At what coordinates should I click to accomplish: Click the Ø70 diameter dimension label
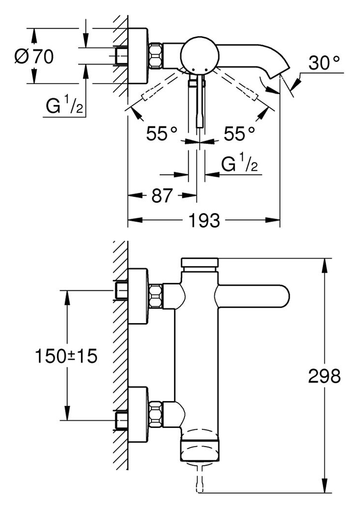click(34, 57)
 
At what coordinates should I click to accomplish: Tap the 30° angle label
click(324, 62)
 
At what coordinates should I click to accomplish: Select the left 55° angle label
click(162, 133)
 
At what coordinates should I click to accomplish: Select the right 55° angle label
click(239, 133)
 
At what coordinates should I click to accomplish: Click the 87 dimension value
click(162, 196)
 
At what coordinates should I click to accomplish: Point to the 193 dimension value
click(204, 221)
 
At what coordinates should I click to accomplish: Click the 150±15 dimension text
click(66, 356)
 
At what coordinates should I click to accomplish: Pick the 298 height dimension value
click(324, 376)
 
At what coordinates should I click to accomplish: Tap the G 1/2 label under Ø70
click(64, 105)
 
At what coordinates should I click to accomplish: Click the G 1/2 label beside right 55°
click(239, 163)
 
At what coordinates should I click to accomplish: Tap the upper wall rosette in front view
click(139, 296)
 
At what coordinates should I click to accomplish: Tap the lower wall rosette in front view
click(139, 414)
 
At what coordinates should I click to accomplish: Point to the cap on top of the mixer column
click(200, 265)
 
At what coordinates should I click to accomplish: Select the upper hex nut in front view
click(156, 296)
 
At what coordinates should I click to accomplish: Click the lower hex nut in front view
click(156, 414)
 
